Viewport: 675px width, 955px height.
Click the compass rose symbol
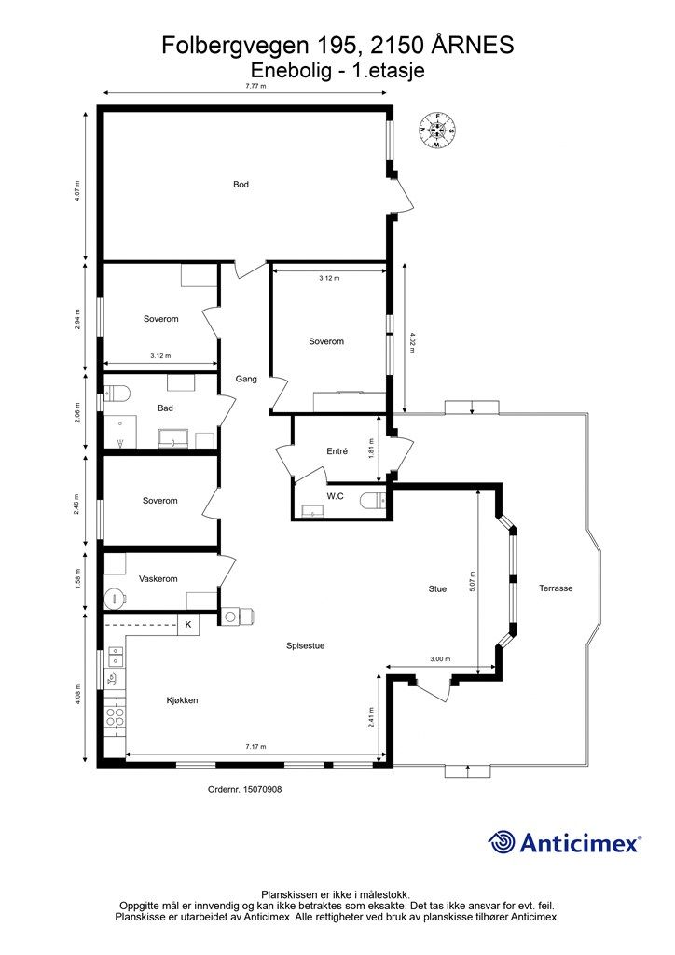pos(436,131)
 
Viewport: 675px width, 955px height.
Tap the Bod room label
pos(241,185)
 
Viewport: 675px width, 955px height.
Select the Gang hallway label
pos(245,379)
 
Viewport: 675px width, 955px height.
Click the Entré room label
pos(337,451)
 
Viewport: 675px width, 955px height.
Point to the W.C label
pos(337,496)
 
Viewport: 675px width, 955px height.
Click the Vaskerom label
pos(158,579)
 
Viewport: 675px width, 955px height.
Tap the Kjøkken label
pos(183,700)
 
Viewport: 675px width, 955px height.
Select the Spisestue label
pos(305,645)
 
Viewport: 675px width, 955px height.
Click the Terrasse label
pos(556,588)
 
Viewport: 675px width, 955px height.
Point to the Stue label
pos(437,588)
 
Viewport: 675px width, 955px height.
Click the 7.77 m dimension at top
pos(255,86)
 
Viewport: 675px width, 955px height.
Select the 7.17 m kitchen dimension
pos(255,747)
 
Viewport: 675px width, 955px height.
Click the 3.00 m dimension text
pos(441,659)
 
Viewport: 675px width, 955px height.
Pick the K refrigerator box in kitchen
pos(188,624)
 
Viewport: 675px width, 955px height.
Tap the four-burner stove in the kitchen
pos(115,716)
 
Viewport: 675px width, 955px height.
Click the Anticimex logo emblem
pos(502,842)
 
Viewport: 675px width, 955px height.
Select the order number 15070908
pos(244,789)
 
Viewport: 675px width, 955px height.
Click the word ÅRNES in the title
pos(473,44)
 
